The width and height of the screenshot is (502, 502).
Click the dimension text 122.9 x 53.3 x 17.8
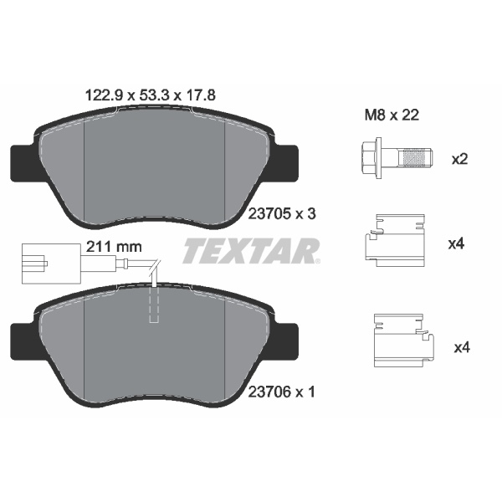click(151, 95)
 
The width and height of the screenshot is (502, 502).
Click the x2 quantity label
click(459, 158)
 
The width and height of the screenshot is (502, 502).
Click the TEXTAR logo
click(251, 249)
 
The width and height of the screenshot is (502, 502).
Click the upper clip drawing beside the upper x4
click(396, 245)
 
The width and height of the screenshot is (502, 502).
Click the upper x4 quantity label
click(456, 244)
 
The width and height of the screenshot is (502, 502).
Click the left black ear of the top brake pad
click(22, 161)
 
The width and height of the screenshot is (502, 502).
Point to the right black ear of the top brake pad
click(287, 161)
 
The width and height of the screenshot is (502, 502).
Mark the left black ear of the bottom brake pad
click(22, 338)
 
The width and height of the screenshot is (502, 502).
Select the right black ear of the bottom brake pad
click(287, 338)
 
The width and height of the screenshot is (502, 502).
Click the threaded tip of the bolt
click(416, 157)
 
